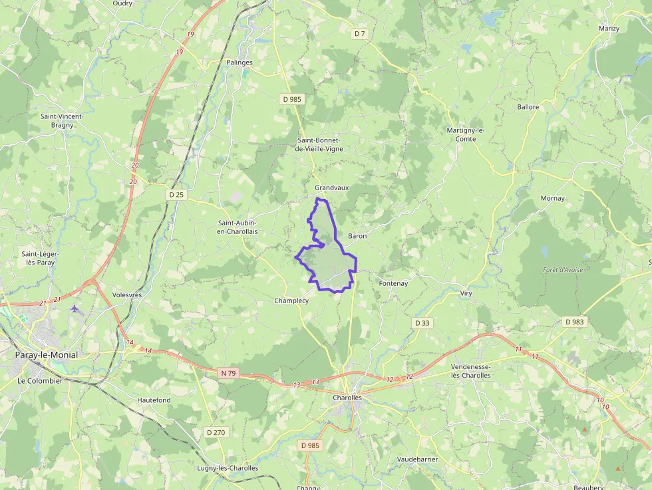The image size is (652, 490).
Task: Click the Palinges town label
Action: point(240,62)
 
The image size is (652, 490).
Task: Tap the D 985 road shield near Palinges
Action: point(291,99)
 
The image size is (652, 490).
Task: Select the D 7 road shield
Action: point(360,33)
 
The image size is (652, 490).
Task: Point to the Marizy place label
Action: point(609,29)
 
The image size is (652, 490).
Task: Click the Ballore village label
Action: point(528,106)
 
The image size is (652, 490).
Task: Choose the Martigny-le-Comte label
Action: point(470,134)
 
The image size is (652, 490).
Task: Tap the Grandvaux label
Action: point(331,188)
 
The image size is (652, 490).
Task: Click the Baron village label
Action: point(357,236)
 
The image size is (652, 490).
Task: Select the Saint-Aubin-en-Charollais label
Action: point(238,227)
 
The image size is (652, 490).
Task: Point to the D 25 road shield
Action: point(176,195)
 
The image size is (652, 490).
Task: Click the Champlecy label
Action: point(291,301)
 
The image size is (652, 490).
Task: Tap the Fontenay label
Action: point(393,283)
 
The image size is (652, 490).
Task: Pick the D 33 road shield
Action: point(422,322)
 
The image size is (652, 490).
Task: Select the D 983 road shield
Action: point(574,322)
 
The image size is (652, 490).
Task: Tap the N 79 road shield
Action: point(228,373)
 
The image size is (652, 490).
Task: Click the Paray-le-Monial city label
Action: point(46,355)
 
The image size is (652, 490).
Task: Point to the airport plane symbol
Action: point(74,308)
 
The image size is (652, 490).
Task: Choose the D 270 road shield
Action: point(216,432)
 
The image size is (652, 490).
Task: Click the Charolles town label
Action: point(347,398)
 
